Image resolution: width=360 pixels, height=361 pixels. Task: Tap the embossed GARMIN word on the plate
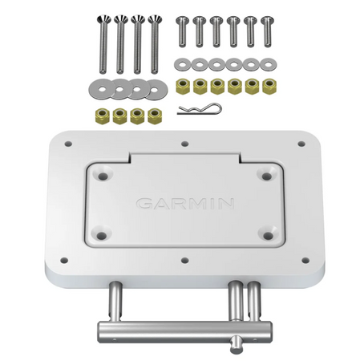(x=185, y=203)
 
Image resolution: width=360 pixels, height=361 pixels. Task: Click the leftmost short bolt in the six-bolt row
(x=182, y=32)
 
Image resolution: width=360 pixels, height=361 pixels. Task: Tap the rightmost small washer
(x=267, y=63)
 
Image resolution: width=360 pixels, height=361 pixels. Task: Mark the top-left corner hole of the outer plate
(x=68, y=145)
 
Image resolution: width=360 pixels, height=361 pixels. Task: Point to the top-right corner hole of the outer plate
(x=301, y=145)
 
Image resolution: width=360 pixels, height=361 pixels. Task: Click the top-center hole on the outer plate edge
(x=184, y=145)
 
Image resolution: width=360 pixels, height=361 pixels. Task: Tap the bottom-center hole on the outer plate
(x=184, y=261)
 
